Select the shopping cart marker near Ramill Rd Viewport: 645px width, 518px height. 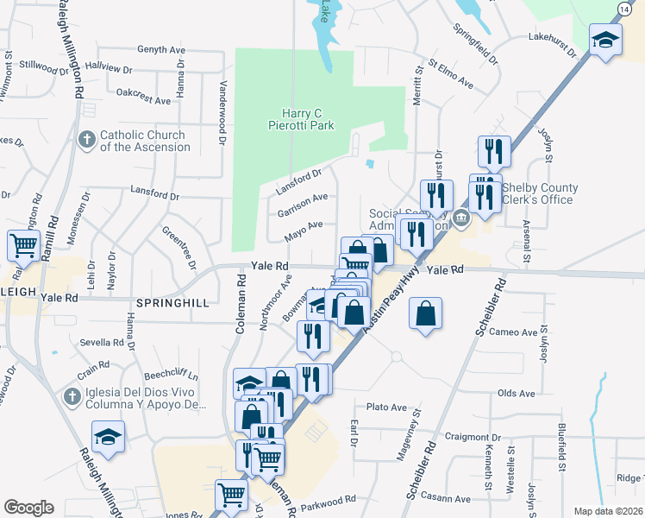coord(24,244)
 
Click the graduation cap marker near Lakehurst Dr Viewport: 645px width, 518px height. coord(605,40)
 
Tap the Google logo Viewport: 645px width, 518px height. coord(28,508)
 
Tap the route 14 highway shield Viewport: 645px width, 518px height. coord(623,8)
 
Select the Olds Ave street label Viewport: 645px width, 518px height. coord(517,394)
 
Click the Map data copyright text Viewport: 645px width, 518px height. coord(607,511)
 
